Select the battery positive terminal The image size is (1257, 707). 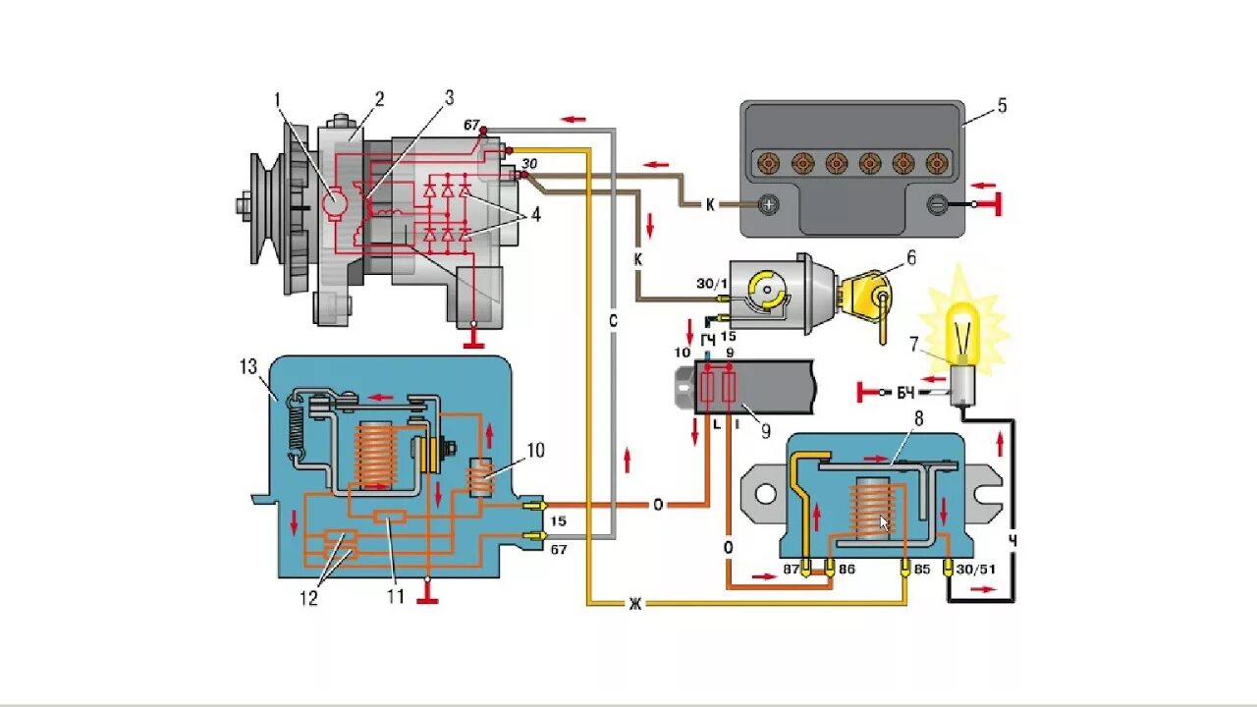click(x=771, y=205)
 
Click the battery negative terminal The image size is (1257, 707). click(x=938, y=205)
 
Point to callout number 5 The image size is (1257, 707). click(x=1002, y=106)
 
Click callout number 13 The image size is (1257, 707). click(x=246, y=367)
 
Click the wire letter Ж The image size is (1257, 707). click(x=635, y=604)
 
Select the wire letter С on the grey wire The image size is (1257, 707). click(x=612, y=320)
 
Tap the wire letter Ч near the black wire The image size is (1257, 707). click(x=1012, y=541)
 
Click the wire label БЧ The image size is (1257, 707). click(x=905, y=393)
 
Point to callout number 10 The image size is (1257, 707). click(x=534, y=451)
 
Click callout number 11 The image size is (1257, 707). click(x=396, y=595)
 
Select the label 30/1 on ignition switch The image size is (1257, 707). click(x=710, y=284)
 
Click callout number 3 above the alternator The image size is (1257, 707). click(x=449, y=97)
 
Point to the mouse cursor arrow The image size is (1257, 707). click(x=884, y=523)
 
